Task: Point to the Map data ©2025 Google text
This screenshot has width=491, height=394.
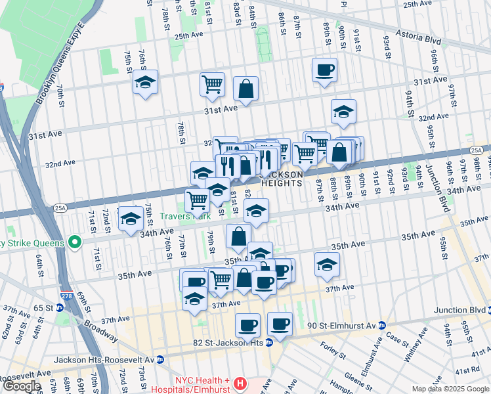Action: click(x=450, y=389)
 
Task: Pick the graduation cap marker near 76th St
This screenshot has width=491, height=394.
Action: click(x=145, y=83)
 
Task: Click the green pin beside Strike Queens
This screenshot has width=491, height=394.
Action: click(x=75, y=242)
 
